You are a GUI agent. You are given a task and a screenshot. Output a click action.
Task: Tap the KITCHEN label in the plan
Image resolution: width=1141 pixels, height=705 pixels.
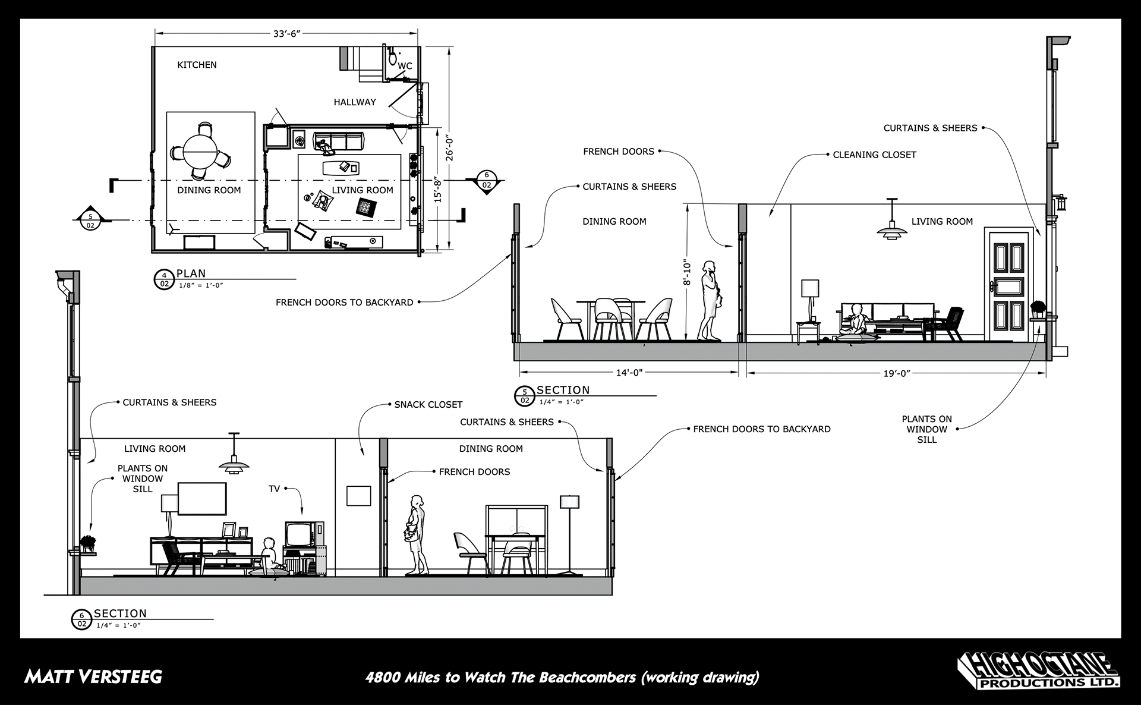[x=197, y=65]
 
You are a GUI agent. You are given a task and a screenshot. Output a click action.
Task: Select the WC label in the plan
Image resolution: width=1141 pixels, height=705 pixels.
[x=405, y=66]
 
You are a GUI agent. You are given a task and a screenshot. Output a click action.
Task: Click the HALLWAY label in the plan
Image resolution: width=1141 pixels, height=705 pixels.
[x=355, y=102]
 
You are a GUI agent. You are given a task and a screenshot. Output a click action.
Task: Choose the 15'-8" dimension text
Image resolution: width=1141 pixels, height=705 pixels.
[x=438, y=189]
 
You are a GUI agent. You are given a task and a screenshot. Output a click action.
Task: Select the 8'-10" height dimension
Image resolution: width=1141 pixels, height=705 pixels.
[x=687, y=272]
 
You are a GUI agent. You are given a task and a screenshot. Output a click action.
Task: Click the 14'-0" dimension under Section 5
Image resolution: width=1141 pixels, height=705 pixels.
[x=629, y=373]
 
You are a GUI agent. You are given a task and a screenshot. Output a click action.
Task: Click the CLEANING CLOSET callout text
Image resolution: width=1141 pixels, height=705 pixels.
[x=874, y=155]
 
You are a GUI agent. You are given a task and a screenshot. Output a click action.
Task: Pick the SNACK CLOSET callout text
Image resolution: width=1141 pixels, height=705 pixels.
[x=428, y=405]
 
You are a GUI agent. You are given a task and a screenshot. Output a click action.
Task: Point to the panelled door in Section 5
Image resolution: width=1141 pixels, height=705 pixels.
[x=1006, y=284]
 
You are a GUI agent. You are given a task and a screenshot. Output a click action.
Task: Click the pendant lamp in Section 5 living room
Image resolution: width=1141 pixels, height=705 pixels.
[x=892, y=226]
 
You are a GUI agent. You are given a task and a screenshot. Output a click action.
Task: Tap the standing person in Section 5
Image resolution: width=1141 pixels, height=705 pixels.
[x=709, y=300]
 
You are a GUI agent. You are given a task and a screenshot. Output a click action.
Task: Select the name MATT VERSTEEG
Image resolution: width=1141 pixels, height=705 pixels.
[x=93, y=676]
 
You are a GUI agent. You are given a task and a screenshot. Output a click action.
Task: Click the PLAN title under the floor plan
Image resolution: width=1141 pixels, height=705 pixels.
[x=191, y=274]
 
